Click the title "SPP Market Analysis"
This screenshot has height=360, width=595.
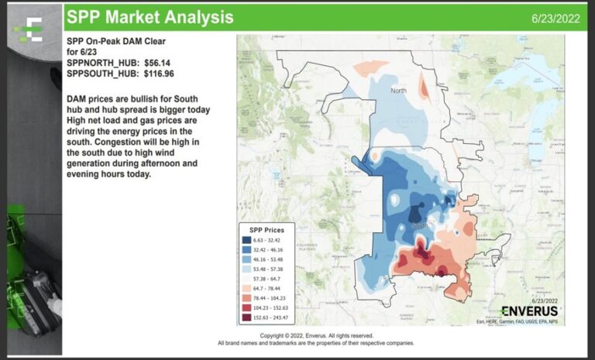click(x=150, y=16)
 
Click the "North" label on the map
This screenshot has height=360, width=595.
click(x=398, y=91)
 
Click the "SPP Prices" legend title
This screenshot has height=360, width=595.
click(x=266, y=230)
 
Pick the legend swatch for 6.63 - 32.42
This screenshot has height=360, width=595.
click(x=248, y=241)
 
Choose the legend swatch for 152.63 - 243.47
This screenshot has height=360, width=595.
click(x=248, y=317)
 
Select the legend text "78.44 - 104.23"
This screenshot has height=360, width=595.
click(x=271, y=297)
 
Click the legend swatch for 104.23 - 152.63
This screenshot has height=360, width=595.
click(x=248, y=307)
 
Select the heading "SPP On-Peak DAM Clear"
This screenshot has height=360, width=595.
click(x=116, y=41)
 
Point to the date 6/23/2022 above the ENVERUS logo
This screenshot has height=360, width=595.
click(x=544, y=300)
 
